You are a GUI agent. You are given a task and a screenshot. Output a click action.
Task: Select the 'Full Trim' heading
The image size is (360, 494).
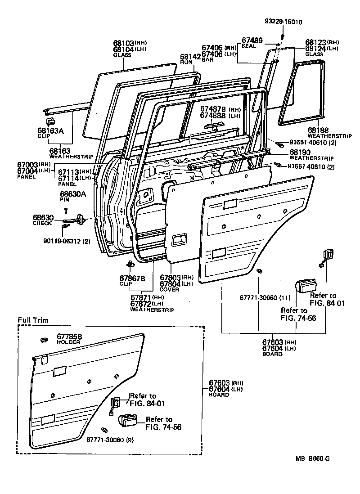tap(33, 320)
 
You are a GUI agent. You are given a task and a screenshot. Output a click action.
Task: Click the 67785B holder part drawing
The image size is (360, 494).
tap(44, 339)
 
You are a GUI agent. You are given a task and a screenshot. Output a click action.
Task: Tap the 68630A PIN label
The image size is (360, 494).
tap(73, 197)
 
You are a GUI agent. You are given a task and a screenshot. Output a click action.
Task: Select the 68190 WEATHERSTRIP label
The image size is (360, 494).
tap(311, 155)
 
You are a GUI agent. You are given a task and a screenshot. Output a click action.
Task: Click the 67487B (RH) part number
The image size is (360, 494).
tap(211, 109)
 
